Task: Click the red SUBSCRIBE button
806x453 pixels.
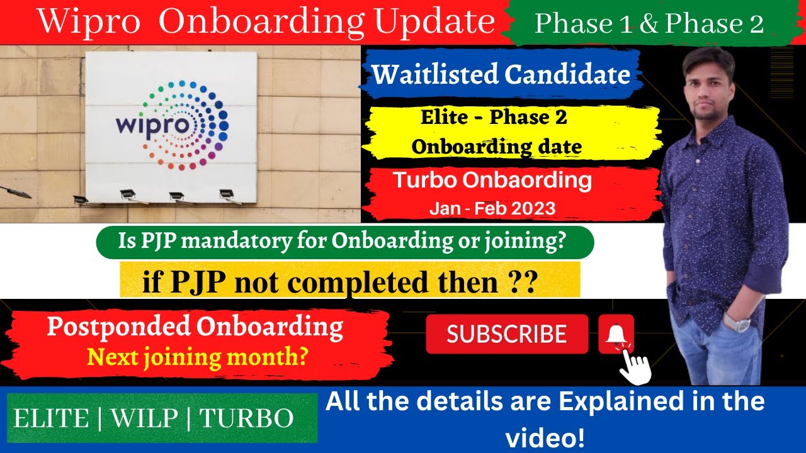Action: pos(507,334)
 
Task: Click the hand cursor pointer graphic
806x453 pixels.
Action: pos(635,367)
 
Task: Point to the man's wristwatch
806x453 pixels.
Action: pos(737,323)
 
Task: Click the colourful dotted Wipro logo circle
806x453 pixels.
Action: pos(189,125)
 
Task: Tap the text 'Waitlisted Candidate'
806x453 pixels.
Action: pos(501,75)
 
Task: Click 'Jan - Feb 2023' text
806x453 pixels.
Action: pos(492,208)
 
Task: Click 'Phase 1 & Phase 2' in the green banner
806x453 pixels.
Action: pos(649,23)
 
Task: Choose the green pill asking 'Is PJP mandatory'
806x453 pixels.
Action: pos(344,243)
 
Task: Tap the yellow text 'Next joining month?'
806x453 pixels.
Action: pos(198,357)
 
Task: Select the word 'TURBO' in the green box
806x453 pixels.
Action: pos(247,418)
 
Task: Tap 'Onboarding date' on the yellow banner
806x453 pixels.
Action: pos(496,147)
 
